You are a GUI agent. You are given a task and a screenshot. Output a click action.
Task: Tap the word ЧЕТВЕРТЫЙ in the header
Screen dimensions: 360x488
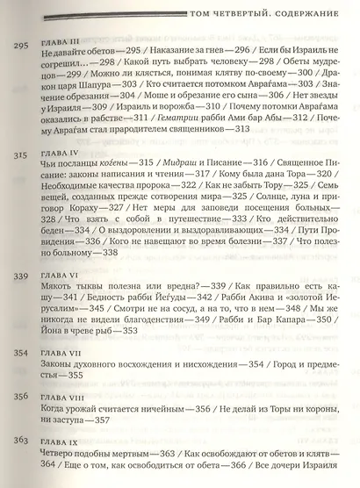point(231,25)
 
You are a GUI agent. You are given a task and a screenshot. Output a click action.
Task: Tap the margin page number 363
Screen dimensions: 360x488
point(17,465)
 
